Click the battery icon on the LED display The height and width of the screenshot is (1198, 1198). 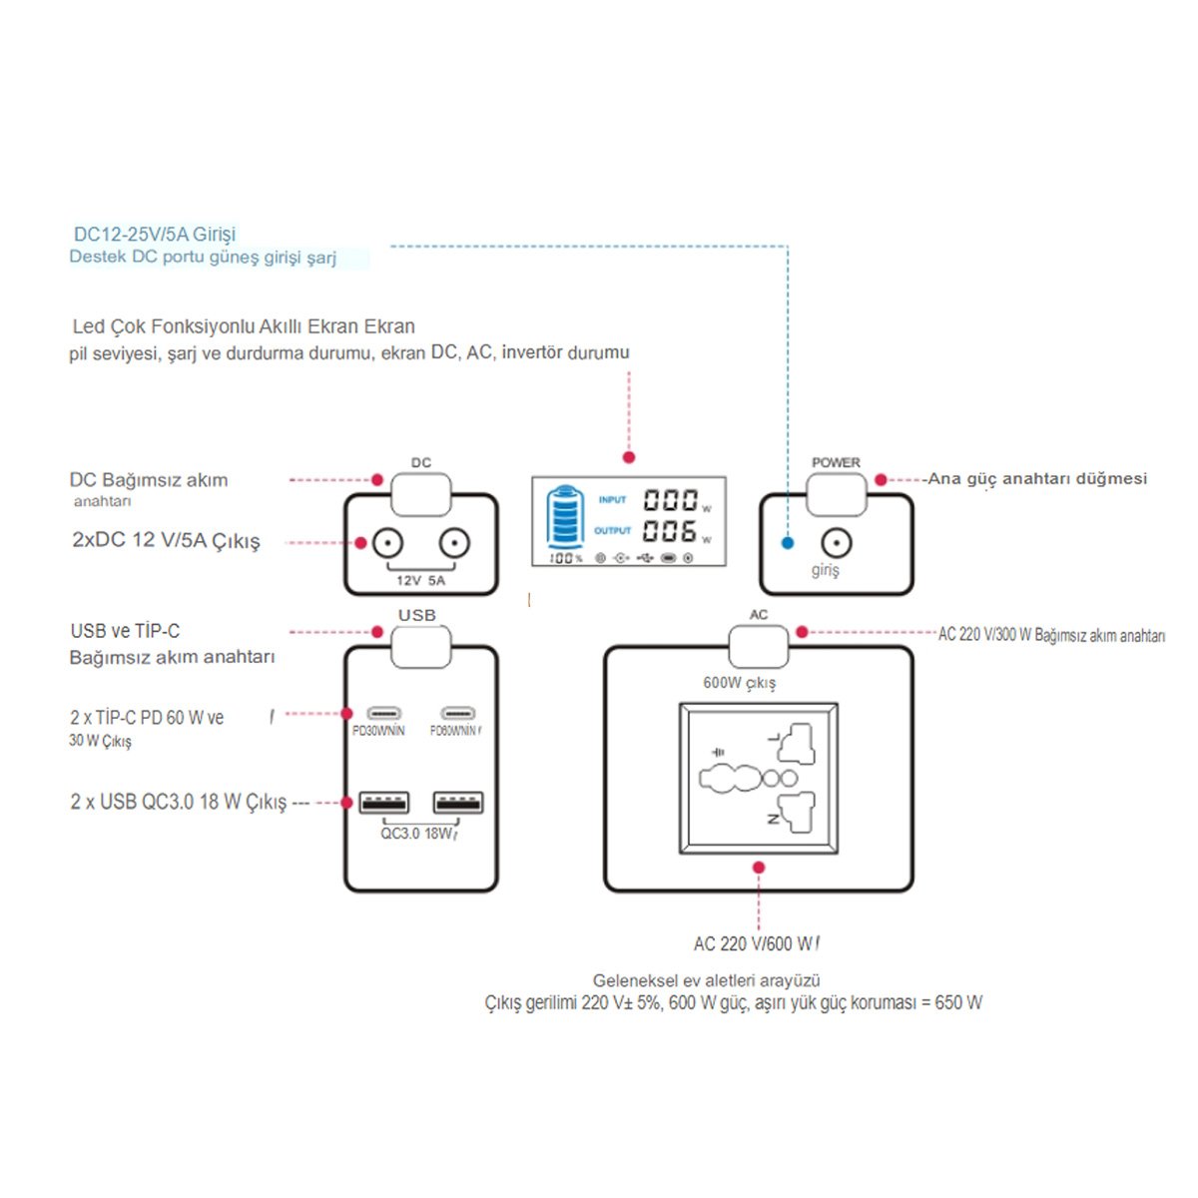coord(565,516)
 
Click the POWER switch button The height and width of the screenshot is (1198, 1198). coord(836,494)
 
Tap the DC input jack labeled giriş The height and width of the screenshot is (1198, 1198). coord(836,544)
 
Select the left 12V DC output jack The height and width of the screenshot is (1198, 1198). coord(387,544)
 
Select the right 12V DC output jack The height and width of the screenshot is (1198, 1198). coord(453,544)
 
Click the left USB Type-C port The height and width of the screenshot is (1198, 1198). coord(383,714)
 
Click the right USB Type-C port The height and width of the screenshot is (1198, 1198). coord(458,714)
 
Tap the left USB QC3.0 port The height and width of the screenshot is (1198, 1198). coord(383,802)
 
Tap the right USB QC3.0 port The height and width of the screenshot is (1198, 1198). coord(458,802)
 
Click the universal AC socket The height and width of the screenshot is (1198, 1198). coord(759,779)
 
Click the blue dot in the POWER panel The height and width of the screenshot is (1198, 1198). coord(788,544)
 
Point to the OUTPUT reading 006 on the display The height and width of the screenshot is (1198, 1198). coord(669,531)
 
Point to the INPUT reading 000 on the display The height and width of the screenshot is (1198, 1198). coord(669,499)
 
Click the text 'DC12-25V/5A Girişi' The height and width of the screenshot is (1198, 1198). coord(155,235)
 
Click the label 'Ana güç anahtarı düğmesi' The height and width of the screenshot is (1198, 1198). coord(1037,479)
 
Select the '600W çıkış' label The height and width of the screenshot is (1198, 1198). coord(739,683)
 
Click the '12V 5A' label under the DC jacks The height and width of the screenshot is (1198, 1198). coord(420,580)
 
